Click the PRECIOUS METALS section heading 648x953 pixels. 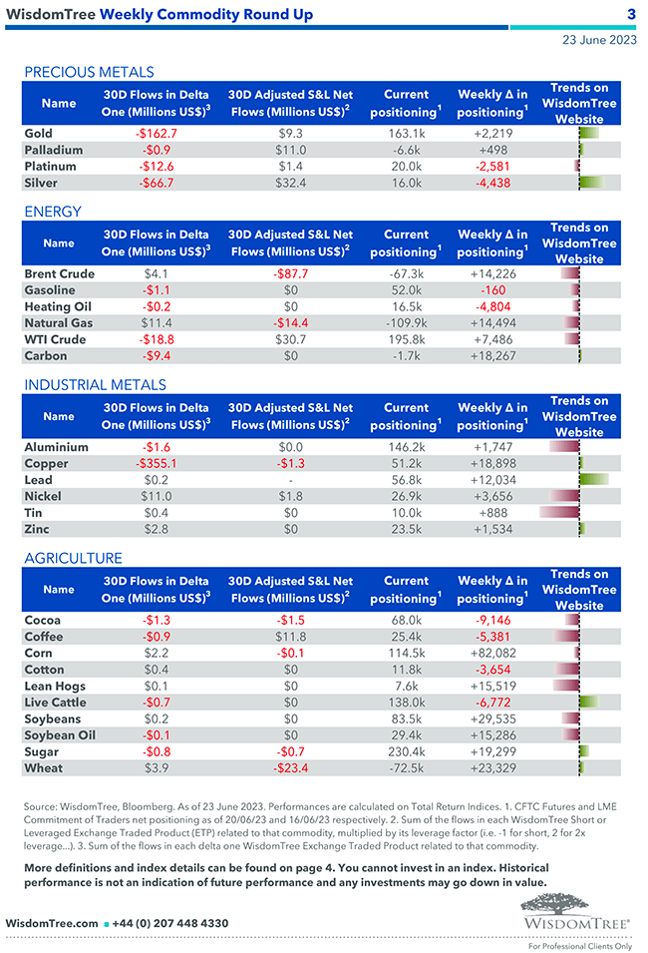(x=89, y=72)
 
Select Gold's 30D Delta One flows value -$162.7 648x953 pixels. (x=157, y=133)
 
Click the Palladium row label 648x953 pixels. (x=54, y=150)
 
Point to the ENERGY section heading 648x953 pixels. (x=53, y=212)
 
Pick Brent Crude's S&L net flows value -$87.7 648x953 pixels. (x=290, y=273)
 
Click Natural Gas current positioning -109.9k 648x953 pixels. (x=406, y=322)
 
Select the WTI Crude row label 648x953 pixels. (x=55, y=339)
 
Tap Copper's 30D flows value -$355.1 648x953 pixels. (x=157, y=463)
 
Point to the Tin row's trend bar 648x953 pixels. (x=559, y=512)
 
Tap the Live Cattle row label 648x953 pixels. (x=57, y=703)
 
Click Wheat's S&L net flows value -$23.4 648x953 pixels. (x=290, y=768)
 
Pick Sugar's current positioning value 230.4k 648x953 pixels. (x=406, y=751)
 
